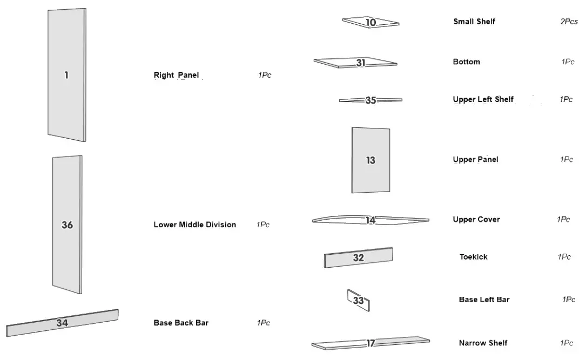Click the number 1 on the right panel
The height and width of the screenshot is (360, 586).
(x=66, y=76)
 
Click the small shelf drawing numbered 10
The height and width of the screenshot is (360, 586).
(x=371, y=22)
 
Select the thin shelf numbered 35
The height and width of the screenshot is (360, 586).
(x=371, y=100)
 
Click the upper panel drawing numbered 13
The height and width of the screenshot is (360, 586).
(x=371, y=160)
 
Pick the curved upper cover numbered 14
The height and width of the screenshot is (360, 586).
(x=371, y=220)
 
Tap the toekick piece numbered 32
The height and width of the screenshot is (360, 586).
(x=359, y=257)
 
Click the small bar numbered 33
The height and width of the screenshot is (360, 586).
(x=359, y=300)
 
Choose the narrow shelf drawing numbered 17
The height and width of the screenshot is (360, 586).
(x=371, y=343)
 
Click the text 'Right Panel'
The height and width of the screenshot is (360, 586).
(x=176, y=76)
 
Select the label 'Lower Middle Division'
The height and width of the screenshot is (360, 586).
(x=194, y=225)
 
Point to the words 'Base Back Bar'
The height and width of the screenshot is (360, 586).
(x=181, y=323)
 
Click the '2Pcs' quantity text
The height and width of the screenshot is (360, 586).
(x=569, y=22)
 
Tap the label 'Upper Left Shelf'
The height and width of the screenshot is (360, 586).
(x=483, y=99)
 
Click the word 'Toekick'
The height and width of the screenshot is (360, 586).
(x=474, y=257)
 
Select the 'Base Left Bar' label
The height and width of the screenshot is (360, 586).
(x=484, y=300)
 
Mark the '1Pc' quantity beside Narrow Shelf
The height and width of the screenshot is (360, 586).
(x=567, y=343)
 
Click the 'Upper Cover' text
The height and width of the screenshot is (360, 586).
(x=476, y=219)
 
